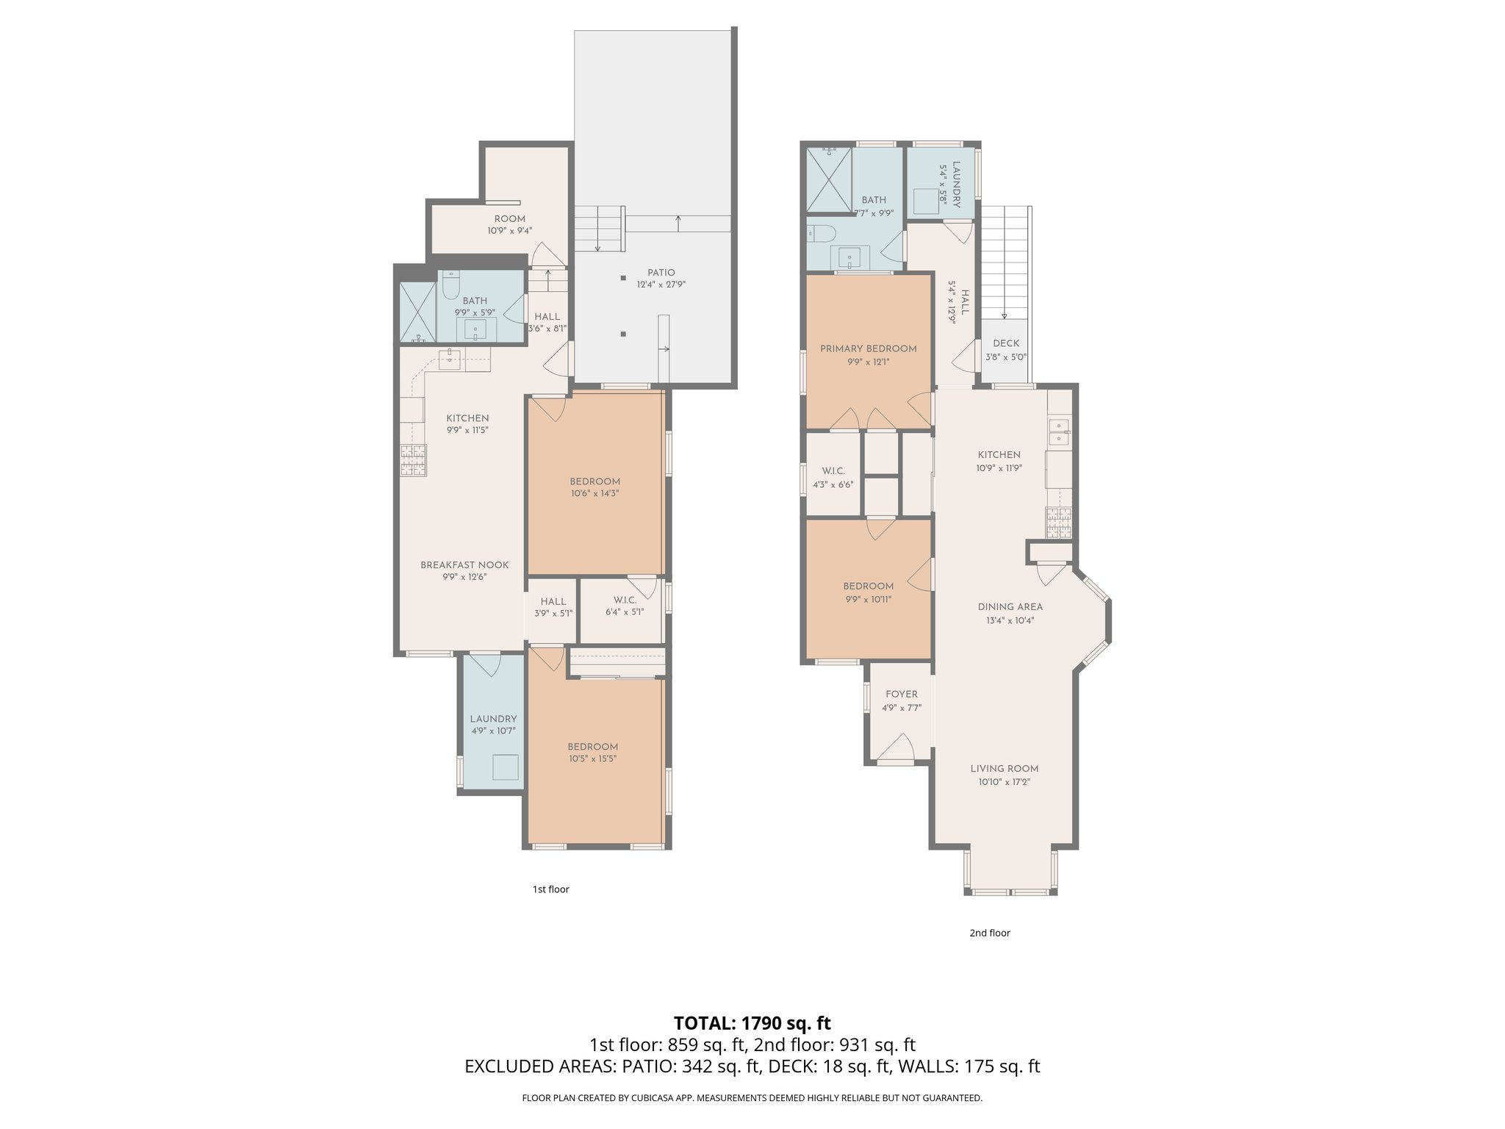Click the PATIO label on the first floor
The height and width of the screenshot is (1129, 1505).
[661, 273]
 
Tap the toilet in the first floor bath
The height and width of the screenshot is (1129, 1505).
[451, 284]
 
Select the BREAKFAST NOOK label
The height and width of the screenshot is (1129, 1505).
[464, 565]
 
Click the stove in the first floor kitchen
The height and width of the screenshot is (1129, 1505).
[413, 460]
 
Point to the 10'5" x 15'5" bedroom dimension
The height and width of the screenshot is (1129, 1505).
[592, 759]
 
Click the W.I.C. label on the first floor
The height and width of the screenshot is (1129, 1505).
[625, 601]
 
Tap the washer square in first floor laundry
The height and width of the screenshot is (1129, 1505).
[505, 767]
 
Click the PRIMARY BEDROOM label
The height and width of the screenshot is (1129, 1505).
[868, 348]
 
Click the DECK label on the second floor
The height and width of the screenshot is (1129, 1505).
[1005, 343]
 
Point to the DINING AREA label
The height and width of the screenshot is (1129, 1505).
[1010, 607]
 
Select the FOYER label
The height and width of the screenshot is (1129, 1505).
[901, 694]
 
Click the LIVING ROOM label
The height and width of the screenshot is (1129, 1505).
[1004, 769]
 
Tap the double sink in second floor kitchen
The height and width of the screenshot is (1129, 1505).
[1059, 431]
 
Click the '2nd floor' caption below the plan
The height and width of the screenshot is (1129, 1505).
[989, 933]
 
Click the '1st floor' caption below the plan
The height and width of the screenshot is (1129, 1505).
[550, 889]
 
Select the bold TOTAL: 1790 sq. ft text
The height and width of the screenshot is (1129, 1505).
[752, 1022]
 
